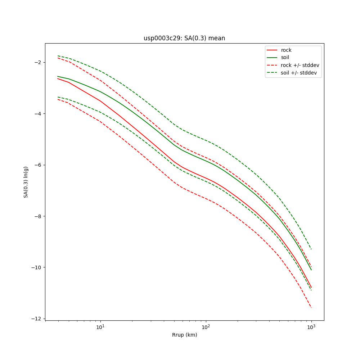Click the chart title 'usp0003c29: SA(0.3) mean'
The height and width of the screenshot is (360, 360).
coord(184,38)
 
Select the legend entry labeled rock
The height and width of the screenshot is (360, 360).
coord(286,50)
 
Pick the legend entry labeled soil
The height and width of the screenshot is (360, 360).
coord(285,58)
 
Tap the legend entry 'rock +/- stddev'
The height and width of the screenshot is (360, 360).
coord(300,65)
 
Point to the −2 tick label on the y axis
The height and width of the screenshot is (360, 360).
coord(37,62)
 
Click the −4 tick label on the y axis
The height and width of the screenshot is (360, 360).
coord(37,114)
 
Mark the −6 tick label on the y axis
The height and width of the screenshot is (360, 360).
coord(37,165)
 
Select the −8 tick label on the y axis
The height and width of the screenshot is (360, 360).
coord(37,216)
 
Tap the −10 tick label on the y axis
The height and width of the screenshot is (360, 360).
coord(36,267)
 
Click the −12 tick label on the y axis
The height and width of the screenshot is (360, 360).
coord(36,319)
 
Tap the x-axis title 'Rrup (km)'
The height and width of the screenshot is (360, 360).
coord(184,335)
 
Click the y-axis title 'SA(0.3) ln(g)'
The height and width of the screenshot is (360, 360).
coord(26,182)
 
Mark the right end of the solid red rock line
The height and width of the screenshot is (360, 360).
coord(311,288)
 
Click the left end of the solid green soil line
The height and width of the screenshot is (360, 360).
coord(58,76)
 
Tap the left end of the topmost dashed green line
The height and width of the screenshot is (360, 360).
coord(58,56)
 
